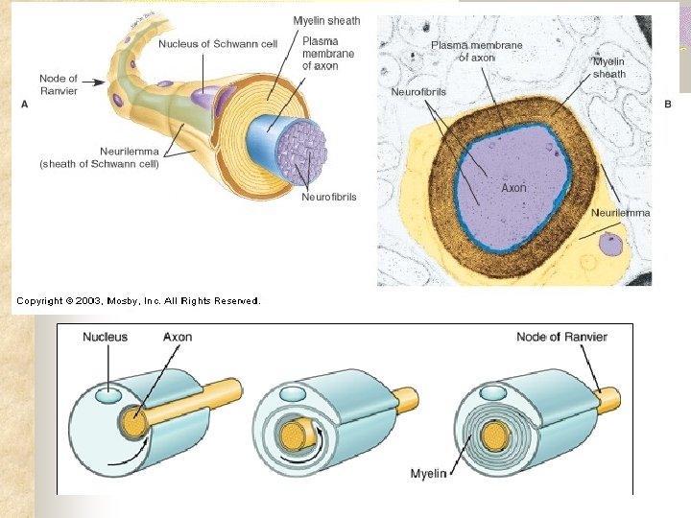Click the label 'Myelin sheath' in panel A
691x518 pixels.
click(326, 21)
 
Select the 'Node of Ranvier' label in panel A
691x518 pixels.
click(59, 84)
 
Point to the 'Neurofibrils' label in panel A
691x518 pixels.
click(328, 197)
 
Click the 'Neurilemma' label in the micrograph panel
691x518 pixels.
click(620, 212)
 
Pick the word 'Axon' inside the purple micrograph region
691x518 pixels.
click(513, 188)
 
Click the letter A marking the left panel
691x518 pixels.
click(24, 104)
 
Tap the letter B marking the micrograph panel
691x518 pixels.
click(668, 104)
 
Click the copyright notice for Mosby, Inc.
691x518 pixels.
click(137, 301)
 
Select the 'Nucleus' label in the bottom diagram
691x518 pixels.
click(105, 337)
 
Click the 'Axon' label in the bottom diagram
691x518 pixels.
click(178, 337)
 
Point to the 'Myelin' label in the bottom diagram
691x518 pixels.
click(428, 474)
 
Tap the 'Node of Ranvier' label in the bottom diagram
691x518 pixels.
click(561, 337)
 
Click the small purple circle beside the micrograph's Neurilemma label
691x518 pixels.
click(610, 245)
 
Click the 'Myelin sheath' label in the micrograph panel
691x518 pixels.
click(609, 67)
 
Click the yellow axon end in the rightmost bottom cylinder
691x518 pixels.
click(494, 436)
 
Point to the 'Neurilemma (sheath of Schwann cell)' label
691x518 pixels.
click(100, 157)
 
